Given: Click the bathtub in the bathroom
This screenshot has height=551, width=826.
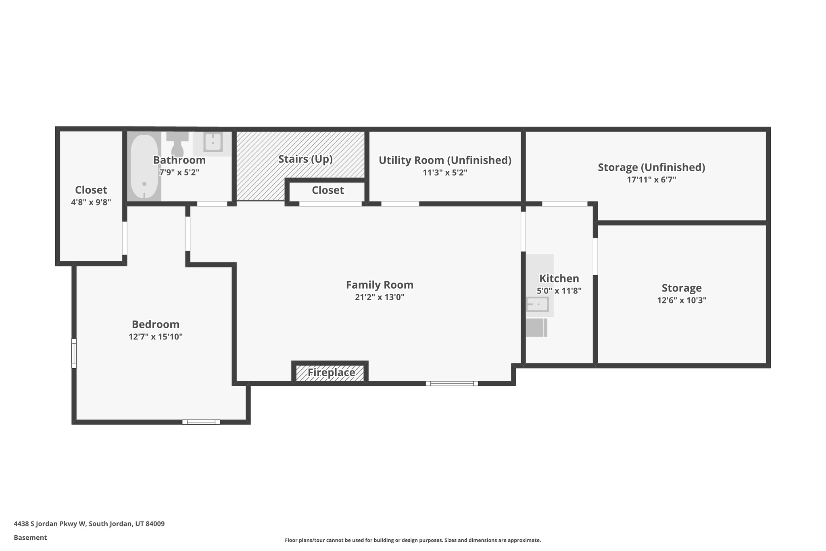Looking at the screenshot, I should [144, 166].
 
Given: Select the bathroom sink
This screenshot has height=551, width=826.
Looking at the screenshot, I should [213, 142].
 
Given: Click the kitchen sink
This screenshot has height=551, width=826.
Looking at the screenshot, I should [538, 304].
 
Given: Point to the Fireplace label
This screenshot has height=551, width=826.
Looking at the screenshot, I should [331, 372].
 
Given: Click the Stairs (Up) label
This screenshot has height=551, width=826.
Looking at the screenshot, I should [305, 159].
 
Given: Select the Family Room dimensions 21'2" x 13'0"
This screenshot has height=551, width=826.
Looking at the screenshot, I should [380, 297].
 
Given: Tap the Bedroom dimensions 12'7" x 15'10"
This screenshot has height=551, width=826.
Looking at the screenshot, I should [156, 337].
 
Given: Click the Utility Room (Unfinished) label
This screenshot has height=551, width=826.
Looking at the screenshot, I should [445, 160].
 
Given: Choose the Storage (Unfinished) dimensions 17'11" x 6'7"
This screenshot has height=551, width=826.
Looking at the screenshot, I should [651, 180].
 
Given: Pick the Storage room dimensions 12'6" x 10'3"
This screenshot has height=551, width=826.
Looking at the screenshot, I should [681, 300].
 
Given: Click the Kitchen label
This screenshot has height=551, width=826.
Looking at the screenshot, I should [559, 279].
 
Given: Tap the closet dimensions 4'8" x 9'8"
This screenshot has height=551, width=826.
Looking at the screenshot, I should [91, 202].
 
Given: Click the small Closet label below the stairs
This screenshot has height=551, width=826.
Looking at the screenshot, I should [327, 190].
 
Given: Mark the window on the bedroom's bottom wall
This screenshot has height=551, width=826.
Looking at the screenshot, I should [201, 422].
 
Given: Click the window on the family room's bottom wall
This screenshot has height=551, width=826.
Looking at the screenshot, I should [452, 383].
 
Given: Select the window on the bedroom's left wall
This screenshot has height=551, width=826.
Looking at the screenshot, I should [74, 353].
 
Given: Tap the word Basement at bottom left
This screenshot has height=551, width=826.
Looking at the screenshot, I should [30, 538].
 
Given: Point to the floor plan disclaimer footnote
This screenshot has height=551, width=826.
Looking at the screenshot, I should [413, 540].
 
